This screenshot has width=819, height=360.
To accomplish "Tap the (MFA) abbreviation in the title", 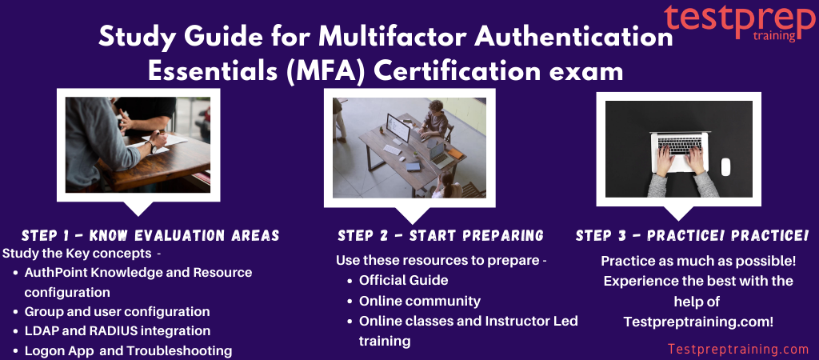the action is pos(326,71).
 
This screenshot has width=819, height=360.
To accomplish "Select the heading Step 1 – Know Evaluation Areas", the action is pos(150,236).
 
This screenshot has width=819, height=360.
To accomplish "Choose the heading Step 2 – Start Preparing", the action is pos(441,236).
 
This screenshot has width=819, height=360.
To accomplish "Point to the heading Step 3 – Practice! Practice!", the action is pos(692,236).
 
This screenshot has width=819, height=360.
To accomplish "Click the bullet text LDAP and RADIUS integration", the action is pos(118,330).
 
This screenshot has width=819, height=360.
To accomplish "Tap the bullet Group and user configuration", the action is pos(117,311).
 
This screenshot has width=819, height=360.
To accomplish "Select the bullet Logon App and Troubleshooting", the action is pos(128,350).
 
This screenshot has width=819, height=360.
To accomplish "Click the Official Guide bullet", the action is pos(403,280).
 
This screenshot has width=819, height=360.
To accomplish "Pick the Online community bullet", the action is pos(419,302).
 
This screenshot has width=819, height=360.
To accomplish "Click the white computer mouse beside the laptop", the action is pos(725,166).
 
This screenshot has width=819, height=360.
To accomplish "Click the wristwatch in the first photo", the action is pos(153,147).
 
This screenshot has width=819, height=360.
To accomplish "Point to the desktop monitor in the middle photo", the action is pos(398,127).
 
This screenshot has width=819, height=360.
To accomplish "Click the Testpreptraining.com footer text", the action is pos(738,349).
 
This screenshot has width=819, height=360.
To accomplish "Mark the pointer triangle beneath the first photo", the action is pos(139,209).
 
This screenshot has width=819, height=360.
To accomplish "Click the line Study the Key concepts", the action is pos(82,254).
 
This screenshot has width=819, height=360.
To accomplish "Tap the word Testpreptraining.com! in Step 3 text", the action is pos(698,322).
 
